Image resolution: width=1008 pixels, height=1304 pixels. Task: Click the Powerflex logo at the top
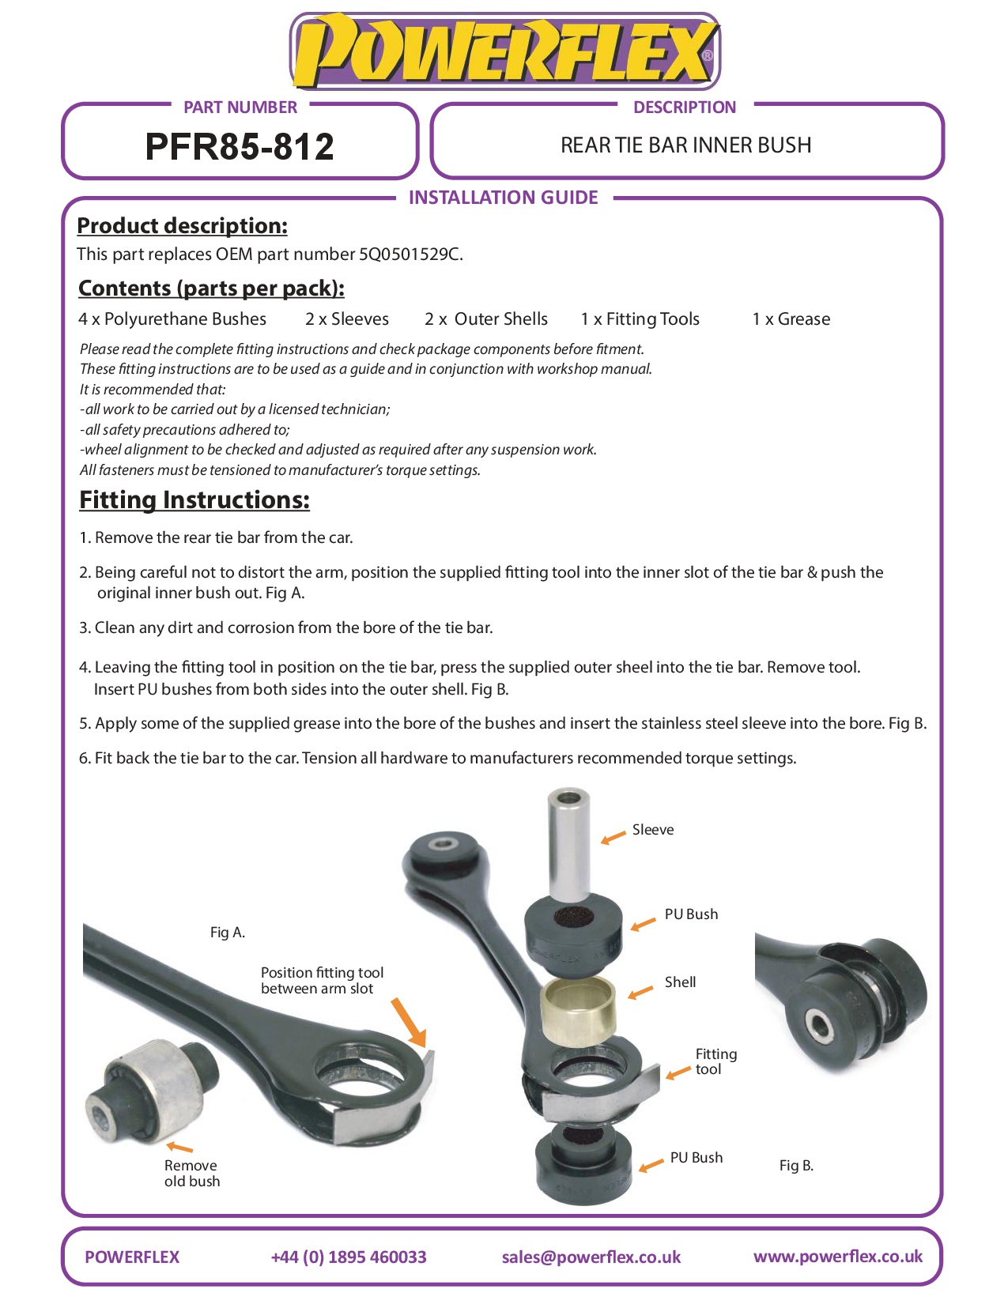(504, 51)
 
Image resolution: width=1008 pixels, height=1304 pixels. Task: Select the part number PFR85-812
(240, 147)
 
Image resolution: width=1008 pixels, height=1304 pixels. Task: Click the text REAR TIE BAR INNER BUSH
(685, 145)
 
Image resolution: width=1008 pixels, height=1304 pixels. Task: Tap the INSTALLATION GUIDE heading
(503, 198)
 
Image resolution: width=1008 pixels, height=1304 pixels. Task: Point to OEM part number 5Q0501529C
(410, 254)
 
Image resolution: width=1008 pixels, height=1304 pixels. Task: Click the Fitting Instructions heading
(194, 500)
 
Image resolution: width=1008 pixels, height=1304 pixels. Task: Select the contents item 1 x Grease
(791, 319)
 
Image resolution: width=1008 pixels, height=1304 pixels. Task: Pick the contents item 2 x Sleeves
(347, 319)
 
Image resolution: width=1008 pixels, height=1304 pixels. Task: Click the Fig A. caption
(228, 933)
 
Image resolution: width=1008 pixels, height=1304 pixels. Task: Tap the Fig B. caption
(796, 1166)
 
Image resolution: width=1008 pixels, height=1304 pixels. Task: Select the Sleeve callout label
(653, 830)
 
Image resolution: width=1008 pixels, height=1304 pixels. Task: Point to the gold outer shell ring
(578, 1010)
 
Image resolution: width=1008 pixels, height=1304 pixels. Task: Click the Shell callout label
(680, 982)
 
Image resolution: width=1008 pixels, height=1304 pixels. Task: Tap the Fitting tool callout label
(715, 1061)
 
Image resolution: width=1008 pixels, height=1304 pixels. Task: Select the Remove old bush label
(191, 1174)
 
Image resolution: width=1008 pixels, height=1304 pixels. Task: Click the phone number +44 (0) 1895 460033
(348, 1257)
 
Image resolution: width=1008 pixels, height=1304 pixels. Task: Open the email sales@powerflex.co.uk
(591, 1257)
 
